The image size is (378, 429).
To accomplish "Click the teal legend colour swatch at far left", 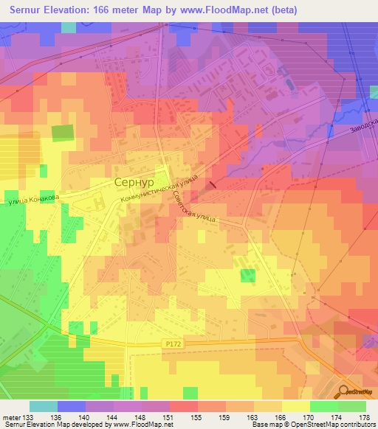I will pyautogui.click(x=43, y=406).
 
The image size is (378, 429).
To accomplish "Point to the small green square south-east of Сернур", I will pyautogui.click(x=247, y=276).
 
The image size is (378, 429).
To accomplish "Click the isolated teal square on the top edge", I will pyautogui.click(x=68, y=27).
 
